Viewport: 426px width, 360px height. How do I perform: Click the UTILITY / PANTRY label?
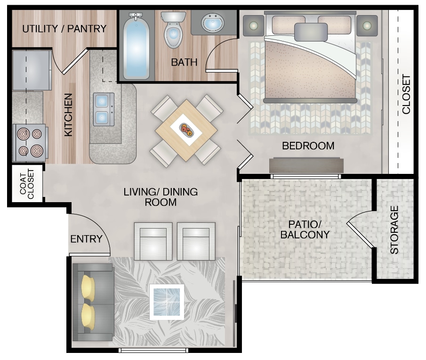pyautogui.click(x=64, y=29)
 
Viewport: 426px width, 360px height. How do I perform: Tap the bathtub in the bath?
pyautogui.click(x=137, y=46)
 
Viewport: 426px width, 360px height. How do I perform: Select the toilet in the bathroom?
pyautogui.click(x=173, y=31)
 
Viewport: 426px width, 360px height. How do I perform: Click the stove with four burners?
pyautogui.click(x=29, y=143)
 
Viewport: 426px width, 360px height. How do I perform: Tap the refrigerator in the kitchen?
pyautogui.click(x=31, y=70)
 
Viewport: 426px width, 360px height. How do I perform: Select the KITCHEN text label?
pyautogui.click(x=69, y=115)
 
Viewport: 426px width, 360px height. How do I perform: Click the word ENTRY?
pyautogui.click(x=86, y=239)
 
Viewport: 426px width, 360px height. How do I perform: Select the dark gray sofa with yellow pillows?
pyautogui.click(x=93, y=302)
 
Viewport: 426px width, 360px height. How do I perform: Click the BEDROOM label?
pyautogui.click(x=308, y=146)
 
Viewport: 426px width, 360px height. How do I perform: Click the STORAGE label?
pyautogui.click(x=394, y=229)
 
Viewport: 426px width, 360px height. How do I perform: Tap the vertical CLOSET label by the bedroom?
pyautogui.click(x=406, y=95)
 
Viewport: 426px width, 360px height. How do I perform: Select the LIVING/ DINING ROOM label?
pyautogui.click(x=161, y=197)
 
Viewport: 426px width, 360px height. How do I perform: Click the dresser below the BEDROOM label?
pyautogui.click(x=306, y=165)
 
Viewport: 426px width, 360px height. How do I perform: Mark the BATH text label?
pyautogui.click(x=184, y=62)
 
